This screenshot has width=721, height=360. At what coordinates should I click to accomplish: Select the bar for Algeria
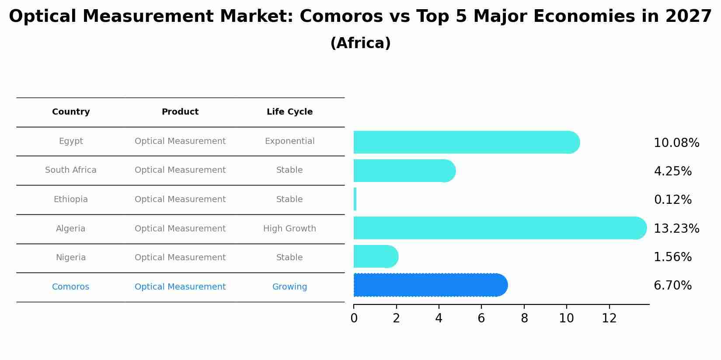(498, 228)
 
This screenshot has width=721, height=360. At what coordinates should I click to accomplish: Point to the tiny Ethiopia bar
(355, 199)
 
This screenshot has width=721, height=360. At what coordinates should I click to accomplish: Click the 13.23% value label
(676, 229)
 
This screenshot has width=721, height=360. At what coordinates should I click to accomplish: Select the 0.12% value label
(672, 200)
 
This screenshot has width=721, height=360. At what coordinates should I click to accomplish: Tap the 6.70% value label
(672, 286)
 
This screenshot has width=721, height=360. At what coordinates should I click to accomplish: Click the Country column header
(71, 112)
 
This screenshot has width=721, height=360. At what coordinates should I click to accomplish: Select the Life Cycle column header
(289, 112)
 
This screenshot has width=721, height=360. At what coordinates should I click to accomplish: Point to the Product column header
(180, 112)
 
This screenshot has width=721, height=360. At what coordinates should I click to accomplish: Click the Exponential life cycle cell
(289, 141)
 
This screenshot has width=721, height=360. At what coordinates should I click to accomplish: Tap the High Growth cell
(289, 228)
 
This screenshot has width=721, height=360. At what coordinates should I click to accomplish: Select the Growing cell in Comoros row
(289, 287)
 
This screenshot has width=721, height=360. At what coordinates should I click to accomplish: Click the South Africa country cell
(71, 170)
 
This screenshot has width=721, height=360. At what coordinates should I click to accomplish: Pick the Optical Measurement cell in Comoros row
(180, 287)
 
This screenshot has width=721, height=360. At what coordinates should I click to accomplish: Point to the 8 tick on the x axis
(524, 318)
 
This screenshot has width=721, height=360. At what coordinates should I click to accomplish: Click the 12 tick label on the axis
(609, 318)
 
